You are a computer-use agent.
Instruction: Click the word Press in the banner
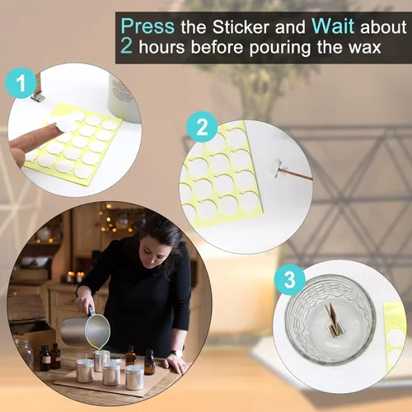click(147, 26)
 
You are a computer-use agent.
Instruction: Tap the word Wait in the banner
click(333, 26)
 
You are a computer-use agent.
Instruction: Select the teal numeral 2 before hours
click(126, 46)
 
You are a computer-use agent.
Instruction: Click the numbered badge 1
click(21, 82)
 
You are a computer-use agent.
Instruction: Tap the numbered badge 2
click(202, 127)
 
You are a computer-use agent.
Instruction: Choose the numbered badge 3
click(289, 279)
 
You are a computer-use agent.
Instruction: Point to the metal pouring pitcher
click(85, 329)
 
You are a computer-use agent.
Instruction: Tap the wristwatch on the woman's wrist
click(176, 353)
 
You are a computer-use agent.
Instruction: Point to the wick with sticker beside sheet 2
click(292, 172)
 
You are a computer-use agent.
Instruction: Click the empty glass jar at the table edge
click(23, 353)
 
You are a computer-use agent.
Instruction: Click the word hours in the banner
click(162, 47)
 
